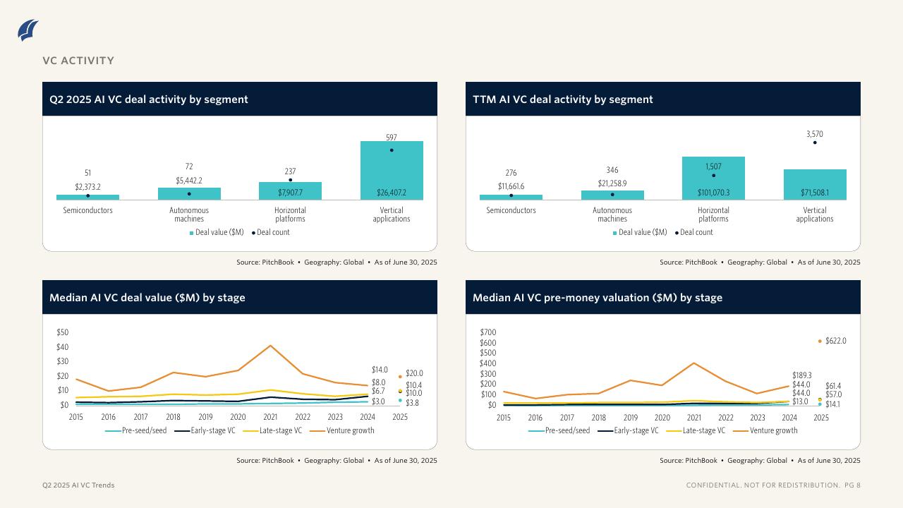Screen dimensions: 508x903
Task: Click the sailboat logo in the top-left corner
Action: (28, 30)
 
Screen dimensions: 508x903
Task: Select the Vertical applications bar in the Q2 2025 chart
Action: (392, 169)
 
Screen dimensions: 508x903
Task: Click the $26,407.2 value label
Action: (392, 193)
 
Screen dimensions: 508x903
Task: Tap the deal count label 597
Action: (392, 138)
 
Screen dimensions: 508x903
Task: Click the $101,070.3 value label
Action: (713, 193)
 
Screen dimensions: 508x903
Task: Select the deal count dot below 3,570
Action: (815, 143)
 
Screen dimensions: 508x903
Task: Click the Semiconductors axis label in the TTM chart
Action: (511, 210)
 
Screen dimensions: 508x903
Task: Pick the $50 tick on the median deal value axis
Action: (62, 332)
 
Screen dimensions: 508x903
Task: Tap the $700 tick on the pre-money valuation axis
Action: (488, 332)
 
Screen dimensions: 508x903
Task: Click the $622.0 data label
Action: (835, 341)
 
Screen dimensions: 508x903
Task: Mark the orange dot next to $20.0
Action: (400, 377)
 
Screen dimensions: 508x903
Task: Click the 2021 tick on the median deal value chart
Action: (270, 417)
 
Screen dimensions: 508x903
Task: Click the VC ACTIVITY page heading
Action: (78, 61)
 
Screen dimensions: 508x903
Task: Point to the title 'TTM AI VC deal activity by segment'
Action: (563, 99)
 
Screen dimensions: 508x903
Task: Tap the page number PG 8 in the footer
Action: (852, 485)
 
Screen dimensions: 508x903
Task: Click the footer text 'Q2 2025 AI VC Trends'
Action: (78, 485)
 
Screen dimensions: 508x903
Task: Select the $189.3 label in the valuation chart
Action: (801, 375)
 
